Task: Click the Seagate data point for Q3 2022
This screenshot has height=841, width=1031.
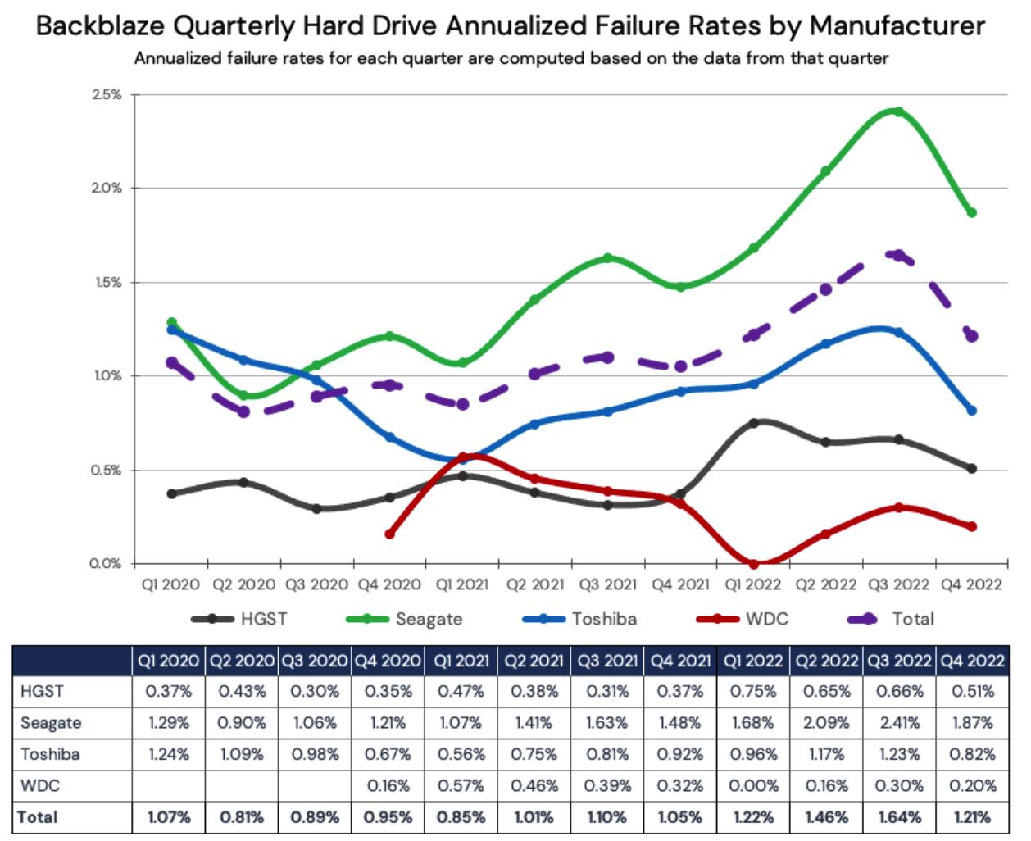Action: pos(899,111)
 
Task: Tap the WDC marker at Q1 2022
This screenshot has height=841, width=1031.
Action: pos(754,564)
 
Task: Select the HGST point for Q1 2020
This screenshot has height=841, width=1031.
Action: pos(171,493)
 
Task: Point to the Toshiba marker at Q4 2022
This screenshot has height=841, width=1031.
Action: pos(972,410)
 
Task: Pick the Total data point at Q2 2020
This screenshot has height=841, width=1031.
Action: pos(244,411)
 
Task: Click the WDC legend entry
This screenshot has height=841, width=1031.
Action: pos(742,619)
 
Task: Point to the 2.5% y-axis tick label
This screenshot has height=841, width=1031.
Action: pos(107,94)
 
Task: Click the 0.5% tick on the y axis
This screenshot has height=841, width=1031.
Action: pos(107,471)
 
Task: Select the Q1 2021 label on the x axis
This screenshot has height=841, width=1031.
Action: pos(461,584)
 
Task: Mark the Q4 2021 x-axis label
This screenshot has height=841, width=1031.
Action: pos(680,584)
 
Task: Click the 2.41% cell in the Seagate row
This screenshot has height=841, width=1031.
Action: pos(899,723)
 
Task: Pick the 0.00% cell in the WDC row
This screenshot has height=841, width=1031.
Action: pos(753,785)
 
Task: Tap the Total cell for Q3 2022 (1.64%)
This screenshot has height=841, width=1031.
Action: pos(899,817)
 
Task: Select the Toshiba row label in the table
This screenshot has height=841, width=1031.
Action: pos(51,754)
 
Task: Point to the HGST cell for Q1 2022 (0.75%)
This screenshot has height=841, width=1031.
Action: pos(753,691)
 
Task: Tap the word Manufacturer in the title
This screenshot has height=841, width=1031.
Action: pos(897,26)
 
